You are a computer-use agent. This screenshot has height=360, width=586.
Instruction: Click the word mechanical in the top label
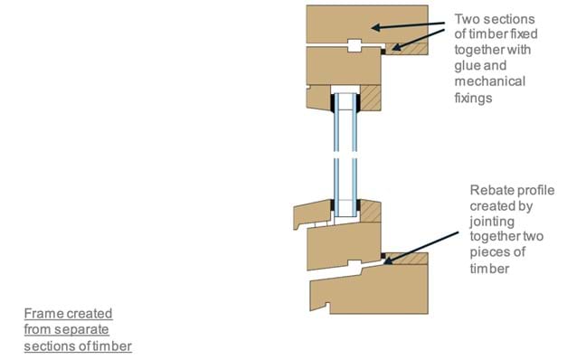(490, 81)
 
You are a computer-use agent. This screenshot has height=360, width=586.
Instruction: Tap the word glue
(467, 66)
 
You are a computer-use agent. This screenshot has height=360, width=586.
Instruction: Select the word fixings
(473, 98)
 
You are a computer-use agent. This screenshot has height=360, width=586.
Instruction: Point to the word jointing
(492, 222)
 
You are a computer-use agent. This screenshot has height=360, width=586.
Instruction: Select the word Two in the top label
(467, 19)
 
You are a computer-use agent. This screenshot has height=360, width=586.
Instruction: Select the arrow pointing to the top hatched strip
(418, 39)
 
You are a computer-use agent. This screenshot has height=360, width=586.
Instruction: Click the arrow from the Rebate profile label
(421, 248)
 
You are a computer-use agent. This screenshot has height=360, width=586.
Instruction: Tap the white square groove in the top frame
(354, 45)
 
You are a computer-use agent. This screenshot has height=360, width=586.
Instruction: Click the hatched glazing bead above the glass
(371, 98)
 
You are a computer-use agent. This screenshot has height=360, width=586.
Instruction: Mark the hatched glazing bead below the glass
(371, 211)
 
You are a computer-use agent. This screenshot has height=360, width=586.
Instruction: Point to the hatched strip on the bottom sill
(407, 259)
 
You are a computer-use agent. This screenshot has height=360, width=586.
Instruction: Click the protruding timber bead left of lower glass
(312, 213)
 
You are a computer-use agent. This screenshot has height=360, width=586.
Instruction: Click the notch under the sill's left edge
(328, 308)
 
